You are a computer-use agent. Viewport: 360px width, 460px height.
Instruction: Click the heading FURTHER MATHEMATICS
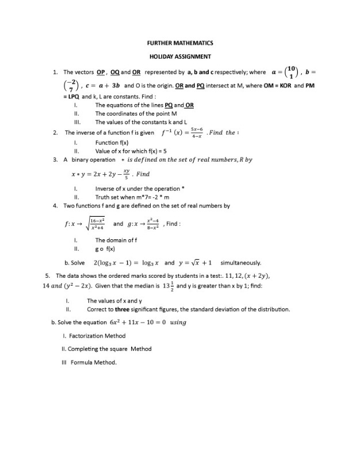click(180, 43)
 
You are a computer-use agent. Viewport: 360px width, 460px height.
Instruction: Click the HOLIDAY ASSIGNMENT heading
click(180, 56)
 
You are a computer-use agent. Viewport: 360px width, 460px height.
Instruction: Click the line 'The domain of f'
click(116, 240)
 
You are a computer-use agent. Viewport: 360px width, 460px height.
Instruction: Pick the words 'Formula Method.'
click(94, 362)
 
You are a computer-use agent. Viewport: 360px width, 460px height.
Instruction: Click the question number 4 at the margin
click(55, 205)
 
